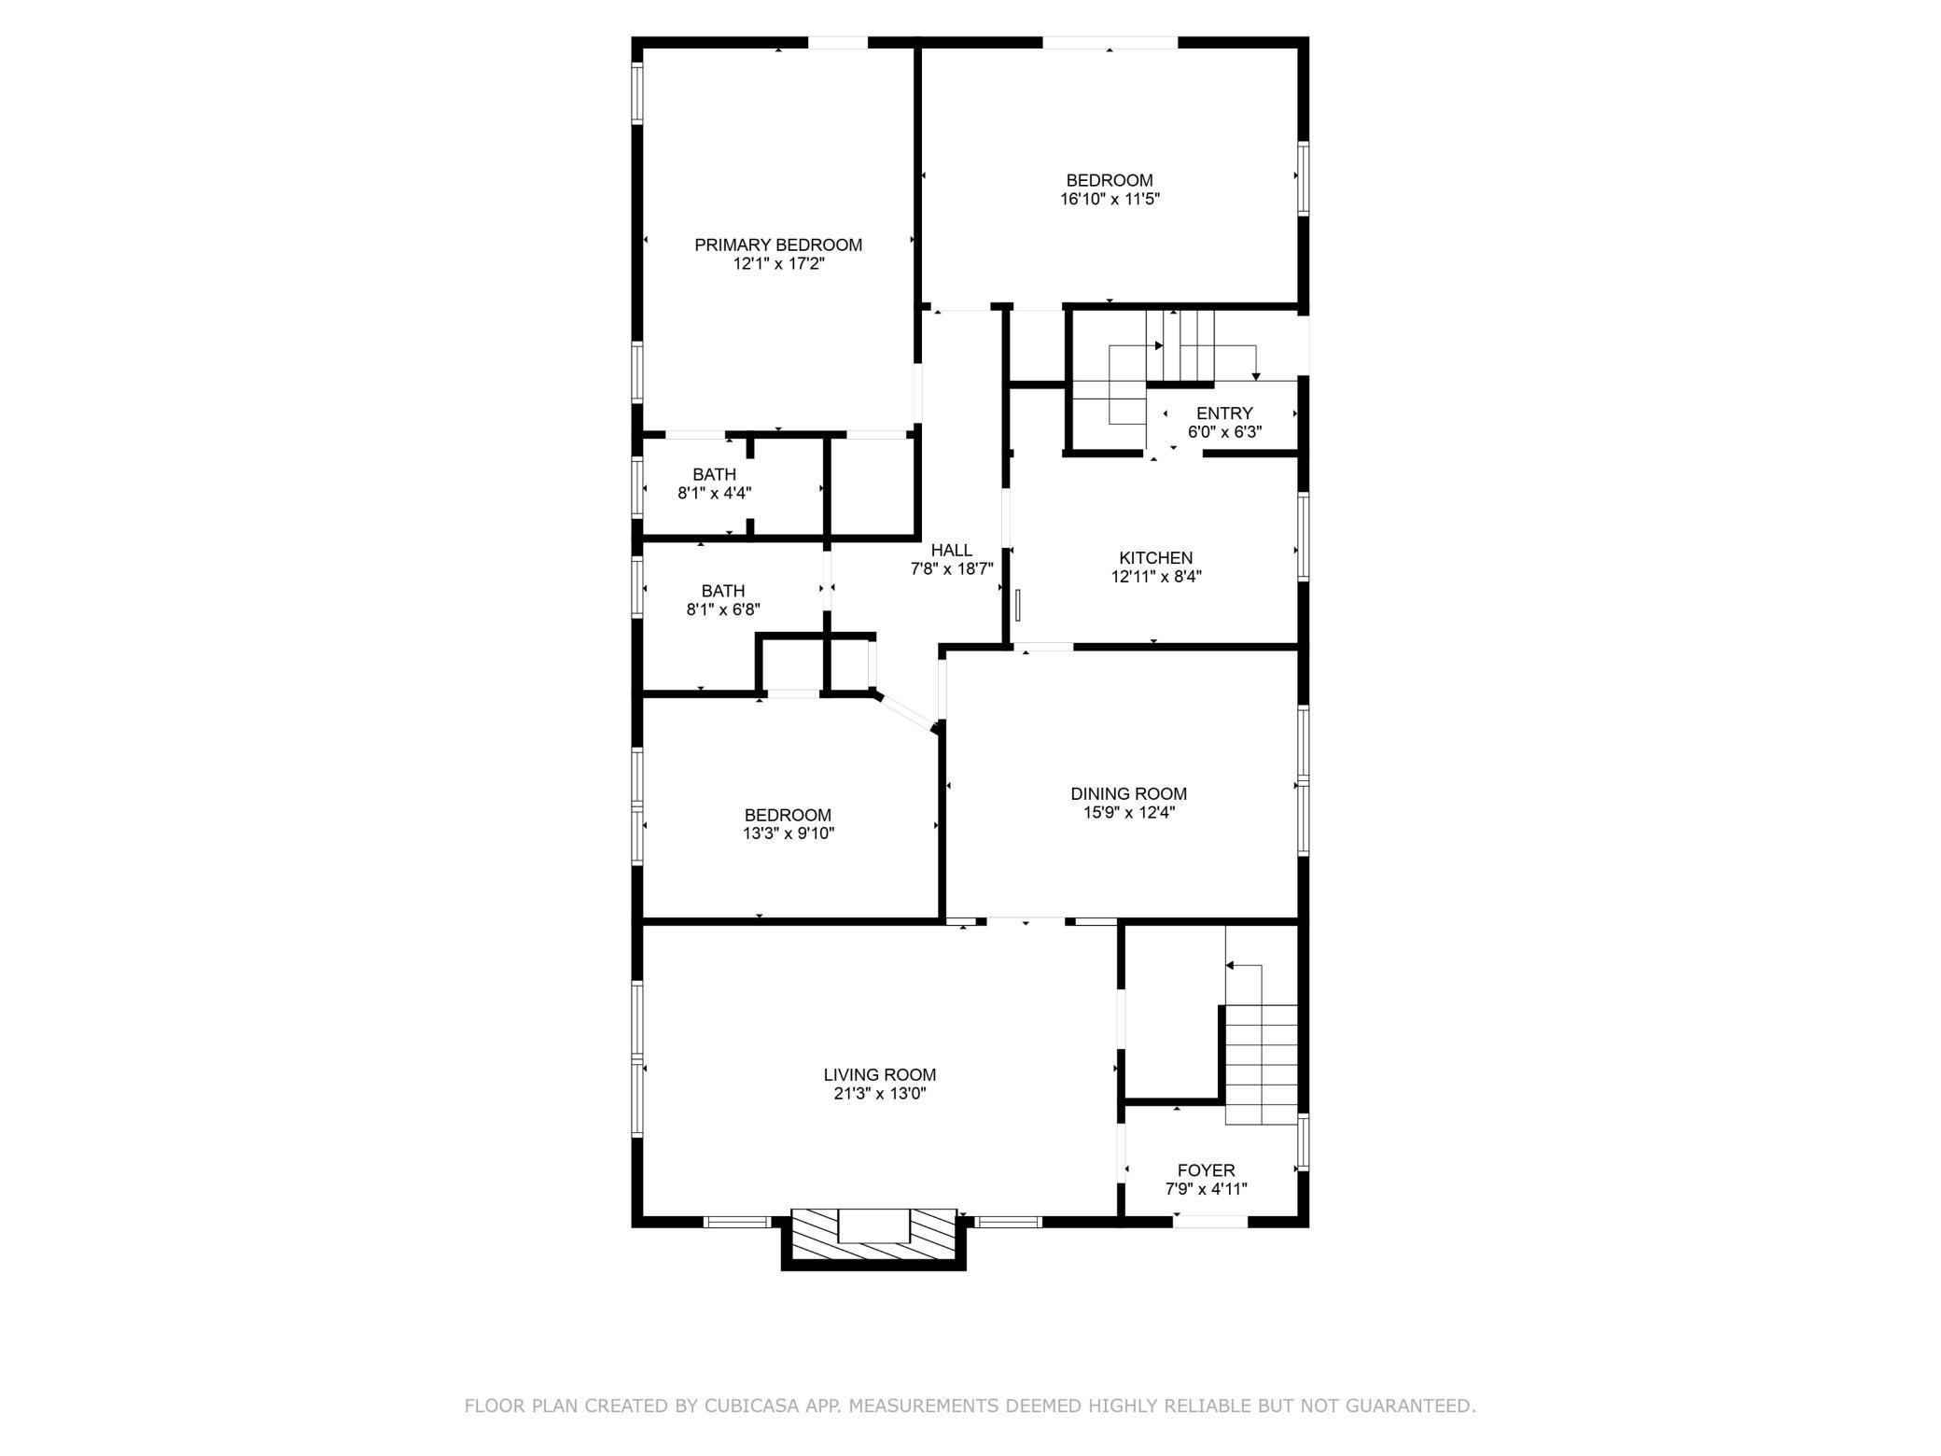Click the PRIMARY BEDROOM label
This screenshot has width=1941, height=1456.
click(x=777, y=245)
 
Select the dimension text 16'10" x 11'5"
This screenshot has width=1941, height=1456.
click(x=1110, y=199)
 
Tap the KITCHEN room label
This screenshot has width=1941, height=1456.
click(x=1155, y=558)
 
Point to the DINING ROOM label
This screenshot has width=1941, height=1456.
click(x=1128, y=793)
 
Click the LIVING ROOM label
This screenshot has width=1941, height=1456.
click(x=879, y=1074)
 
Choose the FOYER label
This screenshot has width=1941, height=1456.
click(x=1206, y=1170)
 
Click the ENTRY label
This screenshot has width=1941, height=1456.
click(x=1224, y=413)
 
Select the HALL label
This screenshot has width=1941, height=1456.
click(x=951, y=551)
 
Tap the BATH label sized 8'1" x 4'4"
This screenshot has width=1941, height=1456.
click(x=714, y=474)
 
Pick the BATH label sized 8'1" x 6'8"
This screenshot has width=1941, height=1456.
click(x=723, y=591)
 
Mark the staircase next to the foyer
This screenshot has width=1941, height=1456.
click(x=1261, y=1064)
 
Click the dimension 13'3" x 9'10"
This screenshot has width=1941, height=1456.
click(x=788, y=833)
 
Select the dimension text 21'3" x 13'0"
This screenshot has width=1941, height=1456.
click(x=879, y=1094)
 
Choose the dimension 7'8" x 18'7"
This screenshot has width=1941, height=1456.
click(x=951, y=568)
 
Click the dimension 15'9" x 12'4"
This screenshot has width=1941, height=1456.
click(x=1128, y=812)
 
